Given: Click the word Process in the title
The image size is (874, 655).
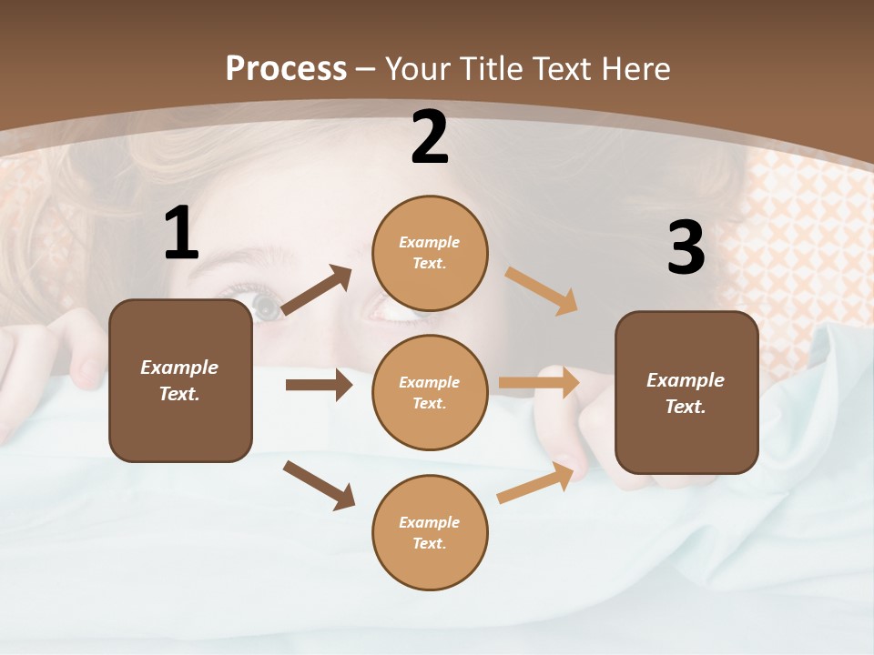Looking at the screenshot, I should point(286,69).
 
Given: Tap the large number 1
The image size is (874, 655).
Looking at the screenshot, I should point(181,234).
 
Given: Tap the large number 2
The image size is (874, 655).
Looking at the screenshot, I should point(430,138).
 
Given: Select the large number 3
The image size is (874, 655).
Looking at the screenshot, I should point(686,248).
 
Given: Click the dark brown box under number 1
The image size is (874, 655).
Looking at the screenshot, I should point(180,380).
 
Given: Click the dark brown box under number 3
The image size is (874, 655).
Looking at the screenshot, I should point(686,392).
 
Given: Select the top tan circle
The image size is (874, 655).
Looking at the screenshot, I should point(430,253).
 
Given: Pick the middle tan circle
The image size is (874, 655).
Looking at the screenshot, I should point(430,392).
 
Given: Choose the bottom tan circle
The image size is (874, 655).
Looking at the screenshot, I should point(430,532).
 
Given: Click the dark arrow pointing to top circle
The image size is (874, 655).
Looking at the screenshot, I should point(317,290).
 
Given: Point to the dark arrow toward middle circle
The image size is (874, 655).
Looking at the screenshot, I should point(319,385).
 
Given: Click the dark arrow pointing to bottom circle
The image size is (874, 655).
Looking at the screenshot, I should point(319,485).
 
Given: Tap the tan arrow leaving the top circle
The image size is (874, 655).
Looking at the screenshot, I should point(542,291).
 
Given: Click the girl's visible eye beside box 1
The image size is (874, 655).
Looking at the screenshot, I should point(266,307).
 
